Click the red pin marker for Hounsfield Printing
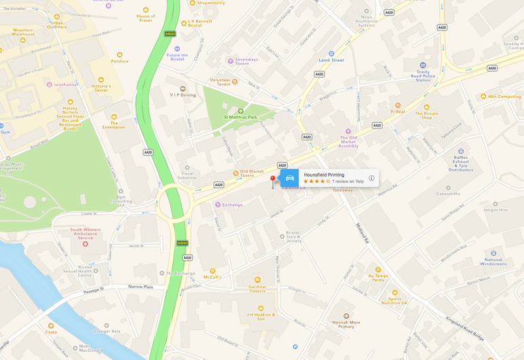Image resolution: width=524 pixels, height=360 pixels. (x=273, y=180)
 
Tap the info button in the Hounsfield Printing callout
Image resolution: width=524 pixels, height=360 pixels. (x=371, y=178)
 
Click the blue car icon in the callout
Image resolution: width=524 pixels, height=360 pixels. (x=290, y=178)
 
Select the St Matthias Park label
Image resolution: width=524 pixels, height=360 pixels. (x=240, y=117)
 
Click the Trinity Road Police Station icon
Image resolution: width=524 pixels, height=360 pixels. (x=423, y=65)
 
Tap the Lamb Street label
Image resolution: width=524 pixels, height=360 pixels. (x=331, y=60)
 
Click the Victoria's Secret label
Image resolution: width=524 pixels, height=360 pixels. (x=101, y=88)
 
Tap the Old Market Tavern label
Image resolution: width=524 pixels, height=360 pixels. (x=252, y=173)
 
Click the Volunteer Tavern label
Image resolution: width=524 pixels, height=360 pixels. (x=220, y=82)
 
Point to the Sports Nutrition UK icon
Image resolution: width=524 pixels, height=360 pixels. (x=394, y=293)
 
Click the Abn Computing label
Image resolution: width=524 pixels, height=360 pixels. (x=504, y=96)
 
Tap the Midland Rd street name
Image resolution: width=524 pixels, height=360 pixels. (x=362, y=233)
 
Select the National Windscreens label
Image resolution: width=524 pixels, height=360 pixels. (x=493, y=262)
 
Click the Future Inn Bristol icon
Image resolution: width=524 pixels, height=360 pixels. (x=177, y=49)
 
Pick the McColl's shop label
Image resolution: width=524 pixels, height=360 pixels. (x=212, y=277)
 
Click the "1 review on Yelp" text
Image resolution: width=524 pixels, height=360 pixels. (x=348, y=181)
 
